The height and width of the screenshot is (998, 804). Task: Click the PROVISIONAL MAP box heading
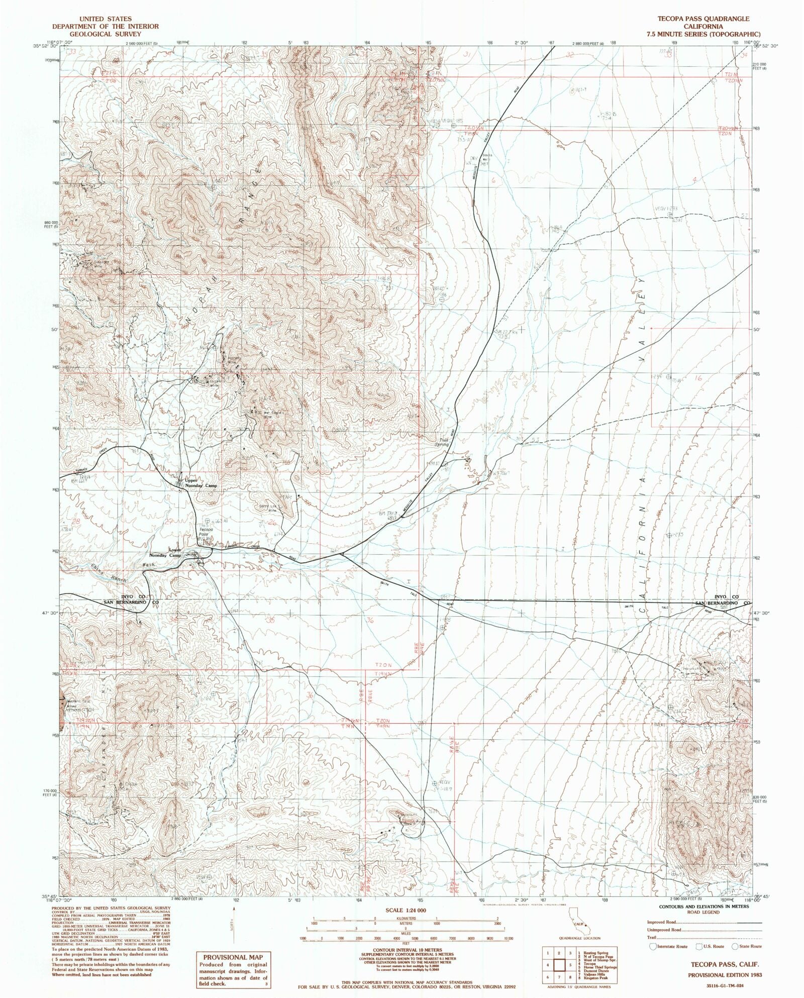pos(233,958)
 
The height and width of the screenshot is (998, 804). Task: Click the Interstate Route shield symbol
pos(653,946)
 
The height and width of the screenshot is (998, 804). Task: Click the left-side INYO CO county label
pos(124,596)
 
